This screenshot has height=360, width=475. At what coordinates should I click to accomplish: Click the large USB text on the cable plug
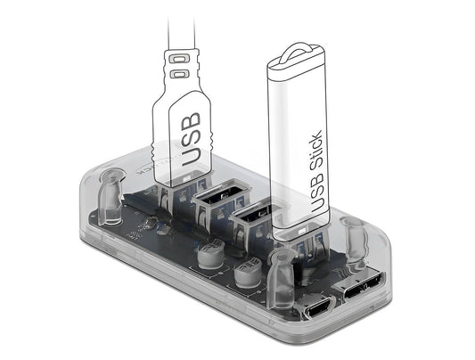pyautogui.click(x=191, y=139)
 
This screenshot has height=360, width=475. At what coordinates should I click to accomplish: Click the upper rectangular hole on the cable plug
pyautogui.click(x=177, y=59)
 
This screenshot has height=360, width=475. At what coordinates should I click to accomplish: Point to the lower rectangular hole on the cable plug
pyautogui.click(x=179, y=74)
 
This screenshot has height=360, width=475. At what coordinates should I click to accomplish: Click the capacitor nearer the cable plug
pyautogui.click(x=211, y=254)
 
